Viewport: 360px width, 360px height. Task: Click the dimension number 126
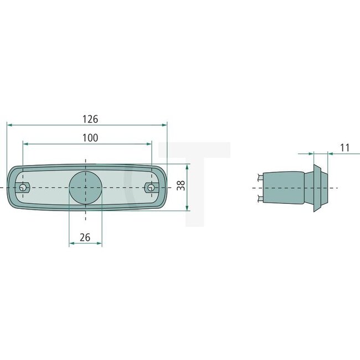click(90, 119)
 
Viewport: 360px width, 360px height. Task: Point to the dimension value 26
click(85, 237)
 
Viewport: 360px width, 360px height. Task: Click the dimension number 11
click(344, 147)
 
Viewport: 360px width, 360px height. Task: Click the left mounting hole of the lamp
click(22, 188)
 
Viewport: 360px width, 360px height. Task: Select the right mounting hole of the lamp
click(150, 188)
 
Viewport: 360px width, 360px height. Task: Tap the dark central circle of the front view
click(86, 187)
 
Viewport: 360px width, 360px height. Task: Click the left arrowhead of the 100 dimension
click(25, 143)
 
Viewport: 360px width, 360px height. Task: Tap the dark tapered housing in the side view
click(285, 187)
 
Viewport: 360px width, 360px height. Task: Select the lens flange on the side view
click(319, 187)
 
